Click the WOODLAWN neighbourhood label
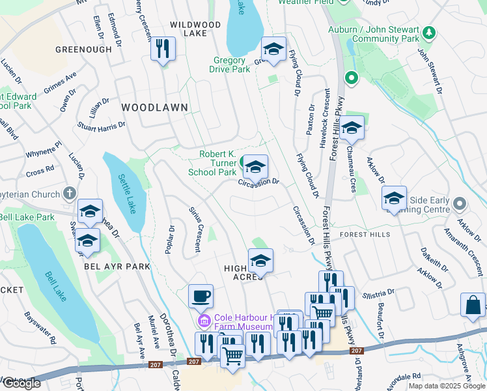tap(154, 107)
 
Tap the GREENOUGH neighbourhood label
tap(83, 49)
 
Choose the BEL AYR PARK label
tap(117, 267)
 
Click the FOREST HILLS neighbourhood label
tap(365, 235)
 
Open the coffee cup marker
tap(201, 297)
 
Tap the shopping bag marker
tap(472, 305)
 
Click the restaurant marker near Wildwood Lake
tap(163, 49)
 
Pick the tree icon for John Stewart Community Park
tap(428, 32)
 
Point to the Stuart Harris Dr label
tap(101, 124)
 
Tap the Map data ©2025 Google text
tap(446, 386)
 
